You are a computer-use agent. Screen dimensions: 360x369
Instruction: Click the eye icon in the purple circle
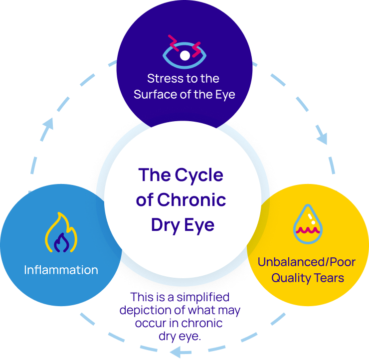(184, 53)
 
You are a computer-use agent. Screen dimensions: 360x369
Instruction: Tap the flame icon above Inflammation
(61, 233)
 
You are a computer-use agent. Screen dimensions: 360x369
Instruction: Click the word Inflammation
(61, 270)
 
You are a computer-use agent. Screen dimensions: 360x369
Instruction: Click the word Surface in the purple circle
(156, 94)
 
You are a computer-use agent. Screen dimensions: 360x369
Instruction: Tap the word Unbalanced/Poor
(307, 262)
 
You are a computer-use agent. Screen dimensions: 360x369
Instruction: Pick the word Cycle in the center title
(198, 175)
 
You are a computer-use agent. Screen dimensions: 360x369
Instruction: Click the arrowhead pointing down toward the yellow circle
(322, 139)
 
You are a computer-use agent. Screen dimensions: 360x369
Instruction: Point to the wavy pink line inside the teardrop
(307, 230)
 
